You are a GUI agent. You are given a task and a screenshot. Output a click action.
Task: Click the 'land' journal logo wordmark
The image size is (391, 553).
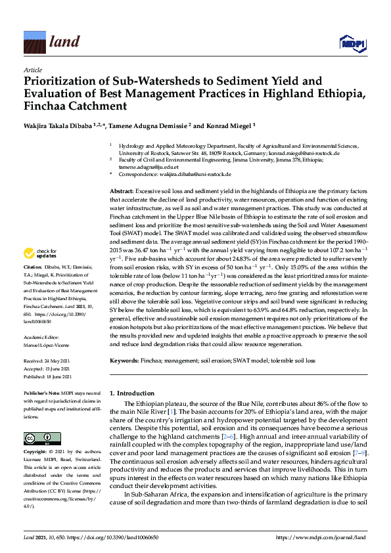(x=64, y=43)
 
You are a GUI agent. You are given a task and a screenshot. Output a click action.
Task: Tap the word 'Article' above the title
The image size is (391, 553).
(x=32, y=70)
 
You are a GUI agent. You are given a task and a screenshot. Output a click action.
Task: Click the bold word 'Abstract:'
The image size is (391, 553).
(x=122, y=190)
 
